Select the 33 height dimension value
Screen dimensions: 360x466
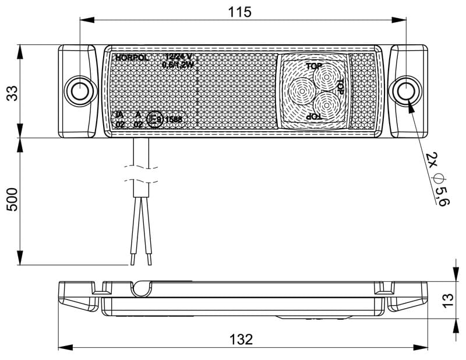[x=12, y=92]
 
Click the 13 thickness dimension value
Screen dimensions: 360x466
[x=447, y=300]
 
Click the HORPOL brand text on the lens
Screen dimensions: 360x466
[x=132, y=58]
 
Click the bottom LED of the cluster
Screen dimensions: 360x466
[x=324, y=105]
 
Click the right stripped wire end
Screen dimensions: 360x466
[x=150, y=257]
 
